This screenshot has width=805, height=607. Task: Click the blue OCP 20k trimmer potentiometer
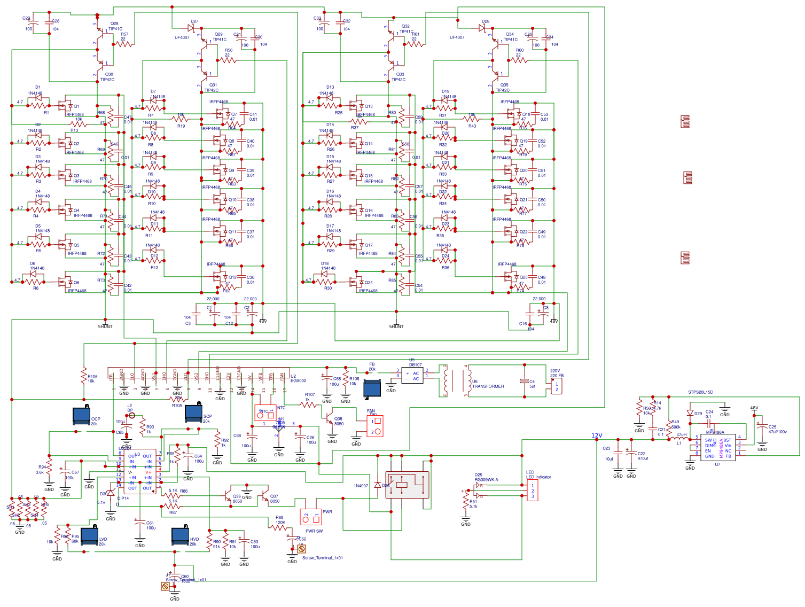pos(81,416)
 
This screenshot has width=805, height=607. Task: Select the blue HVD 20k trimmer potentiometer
pos(180,536)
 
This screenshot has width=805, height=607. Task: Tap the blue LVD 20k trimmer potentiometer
pos(89,536)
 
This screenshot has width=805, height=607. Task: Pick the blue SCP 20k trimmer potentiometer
pos(193,413)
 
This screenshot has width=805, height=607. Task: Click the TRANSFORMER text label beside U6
pos(488,386)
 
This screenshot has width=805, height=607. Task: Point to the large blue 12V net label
pos(597,435)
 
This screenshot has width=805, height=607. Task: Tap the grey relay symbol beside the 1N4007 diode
pos(407,485)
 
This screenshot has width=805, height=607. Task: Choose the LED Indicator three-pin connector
pos(532,491)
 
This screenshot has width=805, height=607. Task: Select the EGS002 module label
pos(298,380)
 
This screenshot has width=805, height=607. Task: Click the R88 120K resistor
pos(278,527)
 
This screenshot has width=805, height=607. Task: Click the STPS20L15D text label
pos(700,392)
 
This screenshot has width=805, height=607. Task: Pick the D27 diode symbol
pos(191,27)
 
